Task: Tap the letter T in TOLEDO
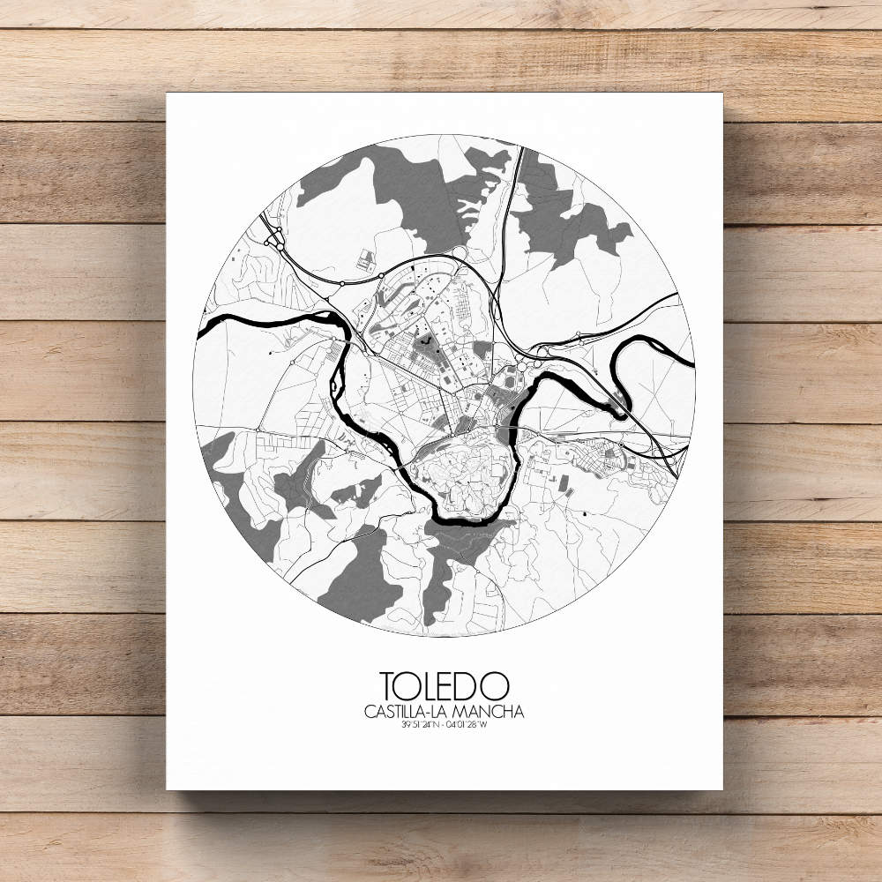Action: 388,685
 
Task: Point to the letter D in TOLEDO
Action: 471,685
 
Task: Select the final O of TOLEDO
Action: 496,685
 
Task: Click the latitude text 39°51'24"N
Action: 413,726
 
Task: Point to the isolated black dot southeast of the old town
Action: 584,512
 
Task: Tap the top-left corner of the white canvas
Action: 167,93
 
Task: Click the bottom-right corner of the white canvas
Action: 721,789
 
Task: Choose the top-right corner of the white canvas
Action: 721,93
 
